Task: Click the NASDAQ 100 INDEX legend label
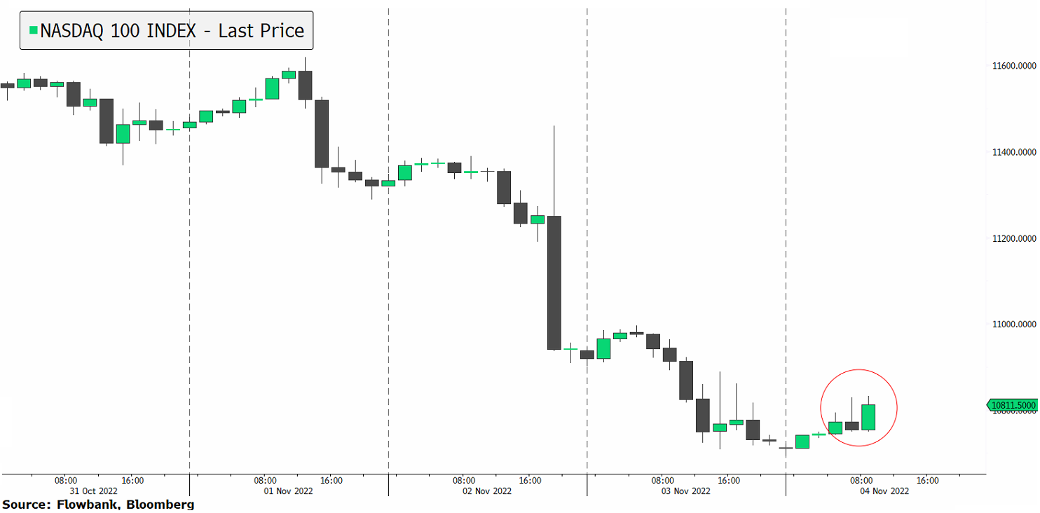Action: [172, 31]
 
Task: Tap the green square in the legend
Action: [33, 30]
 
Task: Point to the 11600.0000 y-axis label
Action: [1013, 67]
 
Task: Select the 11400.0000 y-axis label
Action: [1013, 153]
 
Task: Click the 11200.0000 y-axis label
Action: [1013, 239]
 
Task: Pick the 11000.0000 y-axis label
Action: [1013, 325]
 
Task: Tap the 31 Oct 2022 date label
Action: [99, 491]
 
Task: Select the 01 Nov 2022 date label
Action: [298, 491]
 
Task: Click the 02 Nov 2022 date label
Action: [497, 491]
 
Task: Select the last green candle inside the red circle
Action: [868, 417]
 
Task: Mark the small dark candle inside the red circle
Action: [851, 425]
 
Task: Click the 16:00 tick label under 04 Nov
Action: [928, 481]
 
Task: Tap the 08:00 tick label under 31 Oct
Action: [66, 481]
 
